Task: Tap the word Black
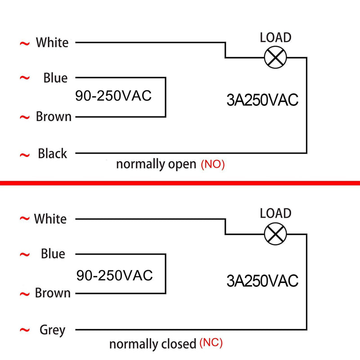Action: [x=52, y=153]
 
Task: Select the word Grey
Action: [x=52, y=330]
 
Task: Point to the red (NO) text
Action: [x=212, y=164]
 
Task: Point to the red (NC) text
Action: [x=211, y=343]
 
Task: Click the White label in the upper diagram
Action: [x=52, y=42]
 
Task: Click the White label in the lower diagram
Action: [x=50, y=219]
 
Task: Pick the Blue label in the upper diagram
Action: [x=55, y=77]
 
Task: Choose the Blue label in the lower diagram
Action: [x=53, y=254]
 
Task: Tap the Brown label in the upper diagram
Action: [x=54, y=117]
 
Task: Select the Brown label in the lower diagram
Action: [x=53, y=293]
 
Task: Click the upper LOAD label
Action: [x=275, y=37]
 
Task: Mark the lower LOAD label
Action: [x=275, y=213]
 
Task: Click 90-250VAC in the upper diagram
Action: [x=113, y=96]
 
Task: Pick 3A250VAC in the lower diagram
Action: [x=262, y=280]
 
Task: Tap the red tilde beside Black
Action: [x=25, y=155]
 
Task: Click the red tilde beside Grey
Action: [x=25, y=330]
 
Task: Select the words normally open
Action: [x=156, y=164]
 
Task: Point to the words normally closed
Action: [x=153, y=344]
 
